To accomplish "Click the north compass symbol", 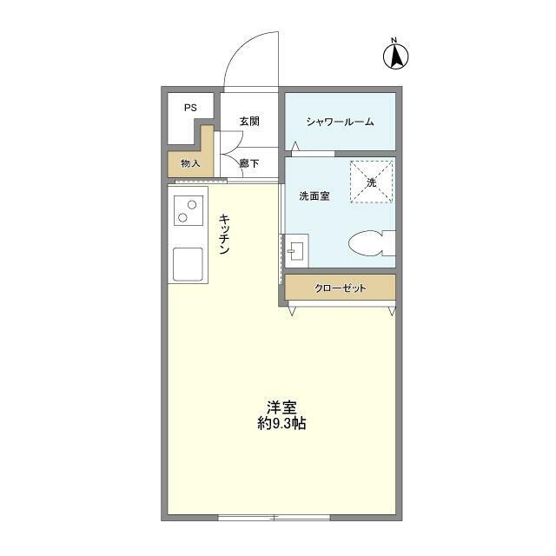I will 395,56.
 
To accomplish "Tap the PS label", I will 189,108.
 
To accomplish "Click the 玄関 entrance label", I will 249,122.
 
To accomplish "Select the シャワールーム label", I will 340,122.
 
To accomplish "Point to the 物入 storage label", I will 190,163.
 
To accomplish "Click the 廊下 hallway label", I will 249,162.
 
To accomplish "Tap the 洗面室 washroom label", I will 314,196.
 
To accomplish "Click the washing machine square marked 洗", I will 371,182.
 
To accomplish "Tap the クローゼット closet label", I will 340,288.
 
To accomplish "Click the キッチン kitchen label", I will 224,235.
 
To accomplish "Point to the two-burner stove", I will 188,210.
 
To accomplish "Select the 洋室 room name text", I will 281,407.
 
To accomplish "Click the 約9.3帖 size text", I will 281,425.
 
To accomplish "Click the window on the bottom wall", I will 274,518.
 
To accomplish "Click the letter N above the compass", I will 394,39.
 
